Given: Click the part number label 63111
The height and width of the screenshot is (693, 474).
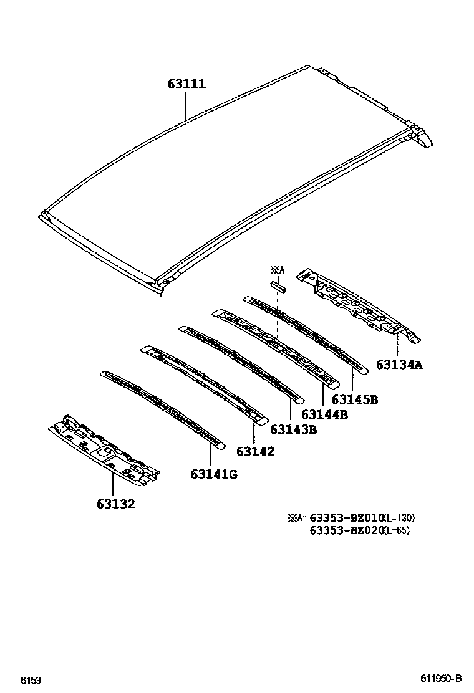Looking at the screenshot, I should [186, 84].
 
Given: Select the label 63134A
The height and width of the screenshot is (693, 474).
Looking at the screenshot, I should [399, 365].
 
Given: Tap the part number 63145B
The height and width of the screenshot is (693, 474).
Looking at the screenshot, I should [354, 399].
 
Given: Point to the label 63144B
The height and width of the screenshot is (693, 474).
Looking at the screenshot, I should [324, 414].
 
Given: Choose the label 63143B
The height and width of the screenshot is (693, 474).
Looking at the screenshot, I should [293, 429].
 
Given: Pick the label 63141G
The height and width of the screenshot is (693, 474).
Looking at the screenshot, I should [214, 475].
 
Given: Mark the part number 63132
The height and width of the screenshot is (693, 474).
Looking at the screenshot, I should [115, 504].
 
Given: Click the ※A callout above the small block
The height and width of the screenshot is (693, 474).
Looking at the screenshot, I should [277, 270].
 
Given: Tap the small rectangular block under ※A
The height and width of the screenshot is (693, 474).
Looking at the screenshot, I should [278, 287].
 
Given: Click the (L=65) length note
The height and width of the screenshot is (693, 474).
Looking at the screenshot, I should [397, 531].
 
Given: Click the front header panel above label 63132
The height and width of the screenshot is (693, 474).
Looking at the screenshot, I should [105, 447].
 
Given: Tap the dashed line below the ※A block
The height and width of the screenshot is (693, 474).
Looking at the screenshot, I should [278, 318].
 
